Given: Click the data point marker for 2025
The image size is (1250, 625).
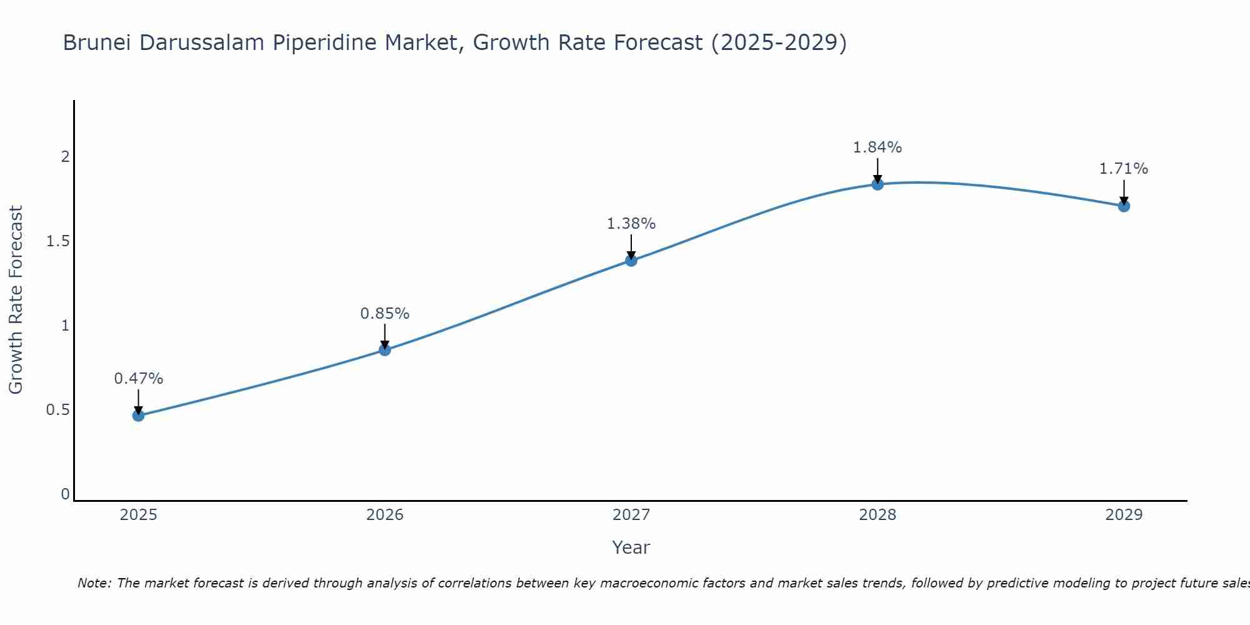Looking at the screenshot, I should [x=138, y=416].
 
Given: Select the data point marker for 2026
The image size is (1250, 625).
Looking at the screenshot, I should [x=385, y=350].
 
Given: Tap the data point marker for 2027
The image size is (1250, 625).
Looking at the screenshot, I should [x=631, y=261].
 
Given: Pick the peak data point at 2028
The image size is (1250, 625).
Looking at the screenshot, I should [x=877, y=184].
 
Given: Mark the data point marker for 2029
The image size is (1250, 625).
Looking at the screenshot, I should [x=1124, y=206].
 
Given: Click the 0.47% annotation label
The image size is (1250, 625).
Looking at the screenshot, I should [x=138, y=379].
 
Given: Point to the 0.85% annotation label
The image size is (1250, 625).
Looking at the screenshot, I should [x=385, y=314].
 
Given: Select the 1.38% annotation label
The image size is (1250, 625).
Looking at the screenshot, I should [x=631, y=224].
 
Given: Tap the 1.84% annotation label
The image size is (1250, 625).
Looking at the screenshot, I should [x=877, y=147].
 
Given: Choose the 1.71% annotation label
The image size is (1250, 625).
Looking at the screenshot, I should [x=1124, y=169].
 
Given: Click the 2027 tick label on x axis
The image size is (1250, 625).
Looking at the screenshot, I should [x=631, y=515].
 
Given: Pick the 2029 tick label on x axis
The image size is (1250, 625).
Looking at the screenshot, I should [x=1124, y=515].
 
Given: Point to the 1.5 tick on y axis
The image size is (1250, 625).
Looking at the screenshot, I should [x=57, y=241].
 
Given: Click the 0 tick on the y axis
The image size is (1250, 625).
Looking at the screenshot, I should [x=65, y=494].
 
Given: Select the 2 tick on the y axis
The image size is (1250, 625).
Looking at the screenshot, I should [x=65, y=157].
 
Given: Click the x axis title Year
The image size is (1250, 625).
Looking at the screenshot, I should [x=631, y=547].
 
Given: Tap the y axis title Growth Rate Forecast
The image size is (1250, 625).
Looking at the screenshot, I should [x=16, y=300].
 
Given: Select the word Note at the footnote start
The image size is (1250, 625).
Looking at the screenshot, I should [x=94, y=583].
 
